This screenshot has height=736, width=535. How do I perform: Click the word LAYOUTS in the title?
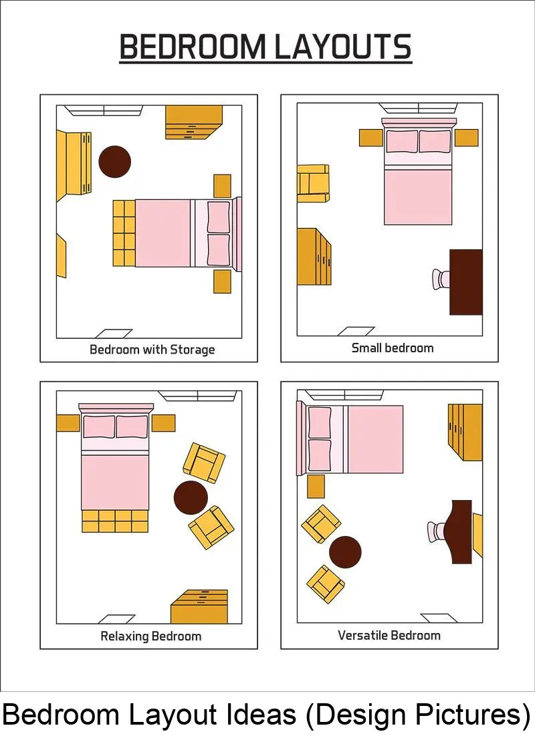point(342,47)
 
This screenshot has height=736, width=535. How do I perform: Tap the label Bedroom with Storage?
point(152,350)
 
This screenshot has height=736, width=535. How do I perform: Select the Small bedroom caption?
point(392,348)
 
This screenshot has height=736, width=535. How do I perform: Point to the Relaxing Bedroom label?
point(150,636)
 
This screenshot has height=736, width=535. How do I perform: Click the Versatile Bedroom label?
point(389,635)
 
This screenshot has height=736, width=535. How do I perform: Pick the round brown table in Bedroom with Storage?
point(114,162)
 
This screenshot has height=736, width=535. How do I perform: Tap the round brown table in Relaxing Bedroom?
point(191,498)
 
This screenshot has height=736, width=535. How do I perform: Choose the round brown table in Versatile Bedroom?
point(345,552)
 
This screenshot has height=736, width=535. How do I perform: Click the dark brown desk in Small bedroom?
point(466,282)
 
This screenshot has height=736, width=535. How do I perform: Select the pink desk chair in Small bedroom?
point(441,279)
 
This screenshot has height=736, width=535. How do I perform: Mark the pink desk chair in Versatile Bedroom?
point(437,531)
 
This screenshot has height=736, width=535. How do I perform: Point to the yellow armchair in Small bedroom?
point(313,183)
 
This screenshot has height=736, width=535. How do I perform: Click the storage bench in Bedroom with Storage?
point(124,233)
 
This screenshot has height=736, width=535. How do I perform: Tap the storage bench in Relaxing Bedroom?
point(115,521)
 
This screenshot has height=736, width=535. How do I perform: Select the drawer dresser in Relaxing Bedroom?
point(199,606)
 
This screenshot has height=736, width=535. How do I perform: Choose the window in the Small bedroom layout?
point(418,108)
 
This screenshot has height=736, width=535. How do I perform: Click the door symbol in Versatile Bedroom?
point(439,618)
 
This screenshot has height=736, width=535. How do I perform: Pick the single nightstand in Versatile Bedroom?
point(316,486)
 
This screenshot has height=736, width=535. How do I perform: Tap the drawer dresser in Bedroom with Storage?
point(194,122)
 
